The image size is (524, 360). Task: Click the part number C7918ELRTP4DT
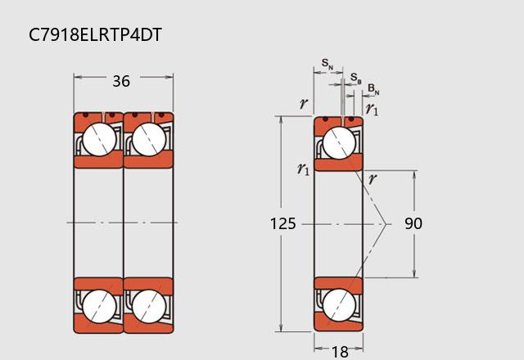pyautogui.click(x=95, y=34)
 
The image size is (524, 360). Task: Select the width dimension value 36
pyautogui.click(x=121, y=81)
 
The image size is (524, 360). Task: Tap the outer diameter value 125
pyautogui.click(x=282, y=223)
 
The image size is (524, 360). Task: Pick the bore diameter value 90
pyautogui.click(x=413, y=223)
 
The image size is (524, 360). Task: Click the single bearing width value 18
pyautogui.click(x=340, y=352)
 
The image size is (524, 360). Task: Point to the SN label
pyautogui.click(x=327, y=63)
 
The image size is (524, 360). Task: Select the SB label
pyautogui.click(x=356, y=79)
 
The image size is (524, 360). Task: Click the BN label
pyautogui.click(x=373, y=89)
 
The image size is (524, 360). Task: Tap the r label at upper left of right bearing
pyautogui.click(x=304, y=104)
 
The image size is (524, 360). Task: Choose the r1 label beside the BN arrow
pyautogui.click(x=372, y=109)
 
